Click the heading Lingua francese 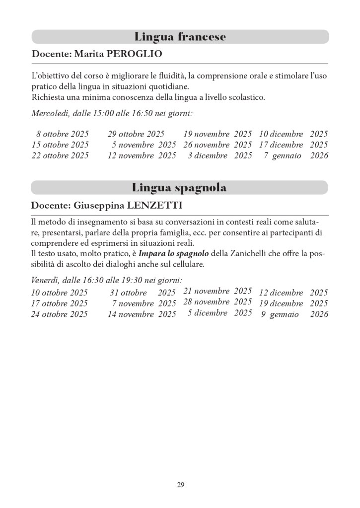180,37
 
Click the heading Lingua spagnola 179,188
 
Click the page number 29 180,485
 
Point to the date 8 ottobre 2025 62,134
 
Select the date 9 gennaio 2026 294,314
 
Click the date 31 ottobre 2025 143,293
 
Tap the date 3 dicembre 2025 220,155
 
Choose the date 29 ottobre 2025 136,134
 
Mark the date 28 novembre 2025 217,302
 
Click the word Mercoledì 50,113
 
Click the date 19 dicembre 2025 293,303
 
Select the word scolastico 242,97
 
